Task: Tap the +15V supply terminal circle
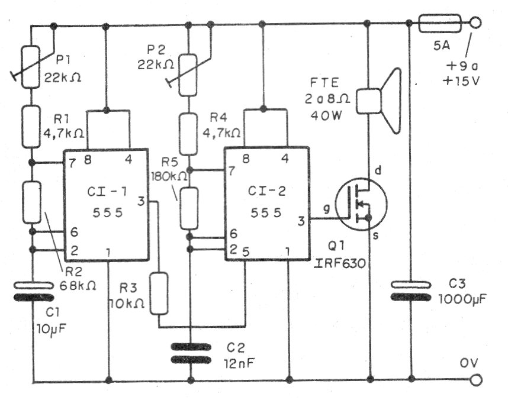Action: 475,23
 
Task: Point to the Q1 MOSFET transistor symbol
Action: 361,204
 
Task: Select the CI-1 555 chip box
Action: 106,204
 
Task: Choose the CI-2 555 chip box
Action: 266,204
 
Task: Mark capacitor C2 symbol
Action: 191,353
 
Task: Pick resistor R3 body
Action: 159,293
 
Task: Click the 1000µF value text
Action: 462,299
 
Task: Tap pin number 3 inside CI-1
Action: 141,202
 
